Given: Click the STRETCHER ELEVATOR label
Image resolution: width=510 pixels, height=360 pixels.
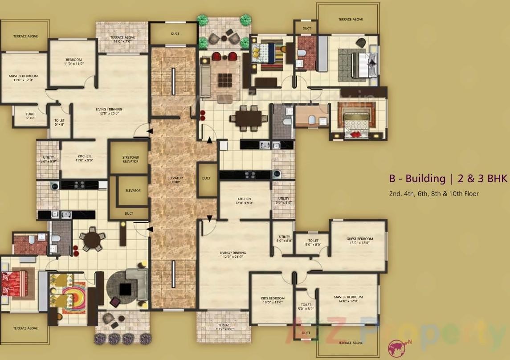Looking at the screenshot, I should coord(131,159).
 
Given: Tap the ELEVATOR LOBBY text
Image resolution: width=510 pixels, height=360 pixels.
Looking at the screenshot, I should coord(175,180).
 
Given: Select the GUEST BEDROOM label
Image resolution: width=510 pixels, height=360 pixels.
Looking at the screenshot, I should coord(359,241).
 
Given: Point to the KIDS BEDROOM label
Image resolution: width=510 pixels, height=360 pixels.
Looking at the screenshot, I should coord(273,300).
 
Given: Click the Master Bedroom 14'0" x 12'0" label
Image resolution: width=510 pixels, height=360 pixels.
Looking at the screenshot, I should coord(348,299).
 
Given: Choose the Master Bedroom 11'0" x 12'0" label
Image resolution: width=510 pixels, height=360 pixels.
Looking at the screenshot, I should coord(23,78).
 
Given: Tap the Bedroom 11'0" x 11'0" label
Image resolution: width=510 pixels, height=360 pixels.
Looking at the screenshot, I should coord(74,61).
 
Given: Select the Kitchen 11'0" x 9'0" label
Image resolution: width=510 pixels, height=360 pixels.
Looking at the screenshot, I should coord(83,159).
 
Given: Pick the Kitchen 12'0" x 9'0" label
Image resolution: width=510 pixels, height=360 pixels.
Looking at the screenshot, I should coord(244,201).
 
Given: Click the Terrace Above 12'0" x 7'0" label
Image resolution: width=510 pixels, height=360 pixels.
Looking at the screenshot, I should coord(122,39).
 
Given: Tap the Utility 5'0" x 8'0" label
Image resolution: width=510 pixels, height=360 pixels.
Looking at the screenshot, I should coord(284,239).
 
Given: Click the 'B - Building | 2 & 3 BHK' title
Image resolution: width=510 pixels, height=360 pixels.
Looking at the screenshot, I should coord(442,179).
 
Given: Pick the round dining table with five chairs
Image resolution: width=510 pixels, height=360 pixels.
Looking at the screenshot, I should coord(92,240).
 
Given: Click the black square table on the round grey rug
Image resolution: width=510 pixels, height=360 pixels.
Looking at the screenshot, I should coord(126,289).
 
